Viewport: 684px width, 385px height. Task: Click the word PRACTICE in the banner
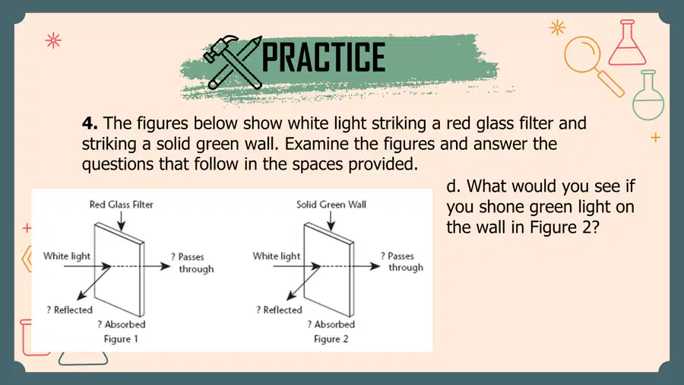pos(324,57)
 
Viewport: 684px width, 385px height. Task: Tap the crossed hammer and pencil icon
pos(233,62)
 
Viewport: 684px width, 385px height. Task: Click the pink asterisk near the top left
pos(53,40)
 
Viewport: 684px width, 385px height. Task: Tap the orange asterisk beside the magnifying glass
pos(558,28)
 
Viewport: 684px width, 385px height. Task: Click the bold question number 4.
pos(90,123)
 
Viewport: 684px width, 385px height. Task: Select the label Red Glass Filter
pos(122,204)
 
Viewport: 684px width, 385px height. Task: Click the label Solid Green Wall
pos(331,204)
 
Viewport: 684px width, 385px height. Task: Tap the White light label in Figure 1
pos(67,256)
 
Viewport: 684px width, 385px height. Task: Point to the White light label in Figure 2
pos(277,256)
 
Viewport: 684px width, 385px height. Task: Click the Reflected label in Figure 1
pos(70,310)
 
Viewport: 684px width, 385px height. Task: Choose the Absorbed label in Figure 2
pos(331,324)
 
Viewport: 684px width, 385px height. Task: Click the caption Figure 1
pos(121,339)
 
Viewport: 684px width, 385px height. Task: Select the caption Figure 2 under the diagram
pos(331,339)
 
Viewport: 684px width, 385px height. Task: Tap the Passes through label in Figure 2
pos(402,262)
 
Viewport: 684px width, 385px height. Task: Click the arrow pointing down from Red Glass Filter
pos(122,221)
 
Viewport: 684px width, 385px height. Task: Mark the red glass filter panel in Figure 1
pos(119,270)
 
